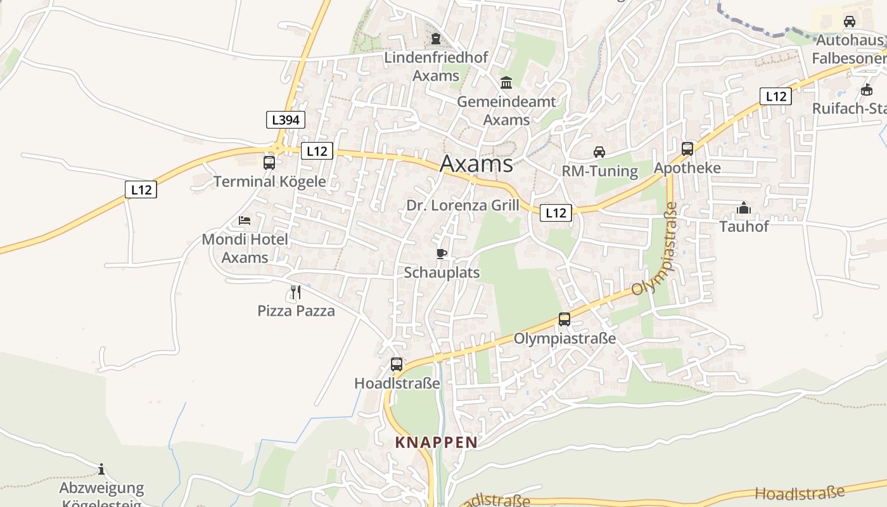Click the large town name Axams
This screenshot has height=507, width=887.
[476, 164]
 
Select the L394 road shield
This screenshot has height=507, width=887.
[285, 119]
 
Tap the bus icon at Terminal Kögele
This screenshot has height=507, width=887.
[269, 163]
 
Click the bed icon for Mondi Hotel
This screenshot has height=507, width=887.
[245, 221]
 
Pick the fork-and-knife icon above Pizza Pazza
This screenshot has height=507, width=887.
[296, 292]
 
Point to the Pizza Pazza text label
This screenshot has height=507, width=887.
[296, 311]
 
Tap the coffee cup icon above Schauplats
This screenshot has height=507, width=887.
[442, 254]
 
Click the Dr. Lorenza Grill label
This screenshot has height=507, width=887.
[463, 205]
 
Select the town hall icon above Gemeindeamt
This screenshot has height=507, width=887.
[506, 82]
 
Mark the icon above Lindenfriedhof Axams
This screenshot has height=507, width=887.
[436, 39]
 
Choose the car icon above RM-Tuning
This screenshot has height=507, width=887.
[599, 151]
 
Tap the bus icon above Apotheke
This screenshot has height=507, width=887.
[687, 149]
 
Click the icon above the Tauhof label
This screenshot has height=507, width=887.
[744, 208]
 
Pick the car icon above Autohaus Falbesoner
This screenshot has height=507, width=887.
[850, 22]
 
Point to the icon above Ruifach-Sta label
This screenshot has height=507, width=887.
[867, 89]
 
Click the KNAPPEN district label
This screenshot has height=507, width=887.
[436, 442]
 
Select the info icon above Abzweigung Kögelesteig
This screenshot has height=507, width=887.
[101, 470]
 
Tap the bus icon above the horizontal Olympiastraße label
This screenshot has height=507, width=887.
[565, 319]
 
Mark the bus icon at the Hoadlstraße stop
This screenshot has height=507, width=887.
[397, 364]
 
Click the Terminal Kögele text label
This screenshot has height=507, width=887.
[269, 181]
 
